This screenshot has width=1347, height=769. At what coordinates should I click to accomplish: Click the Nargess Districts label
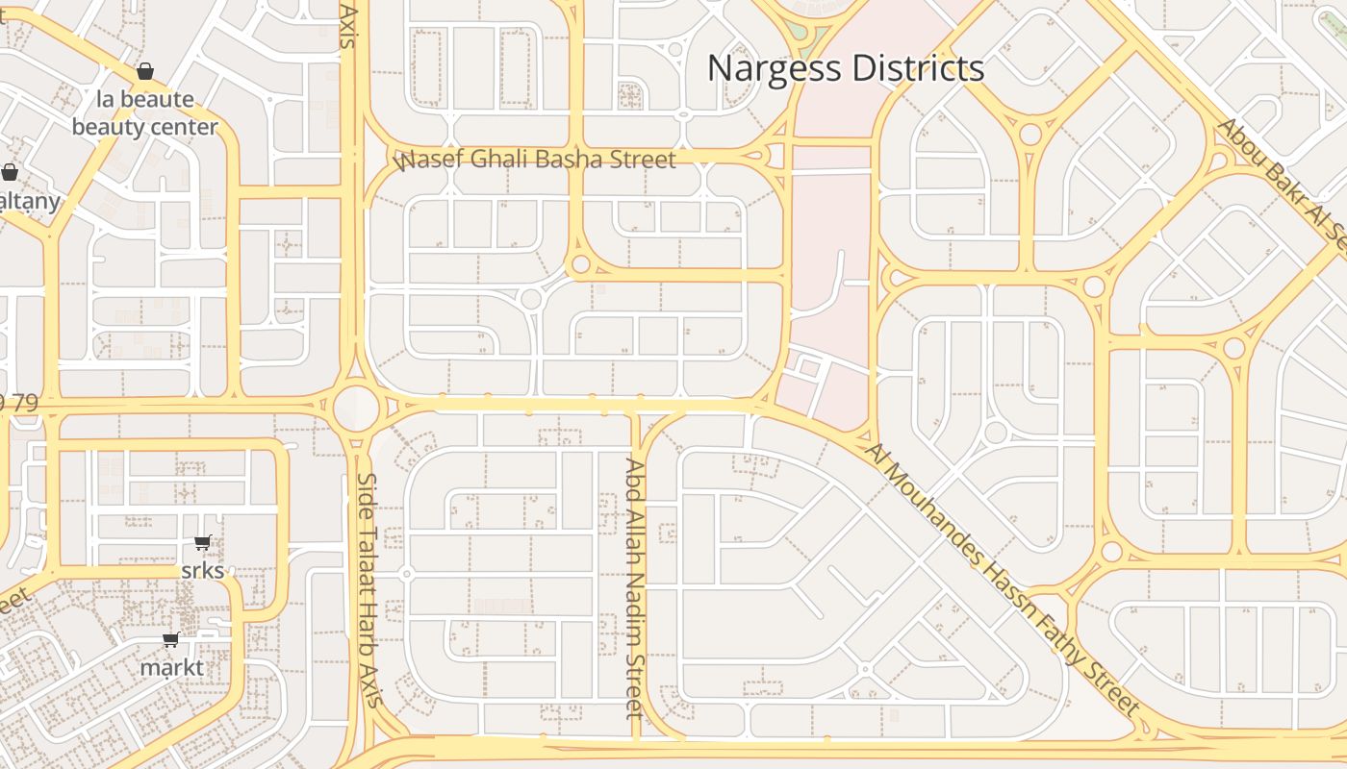click(846, 68)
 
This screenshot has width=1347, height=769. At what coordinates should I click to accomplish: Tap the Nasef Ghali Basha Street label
click(536, 160)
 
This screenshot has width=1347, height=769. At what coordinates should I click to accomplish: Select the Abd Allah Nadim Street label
click(634, 588)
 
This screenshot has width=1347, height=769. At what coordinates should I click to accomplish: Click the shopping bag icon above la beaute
click(145, 71)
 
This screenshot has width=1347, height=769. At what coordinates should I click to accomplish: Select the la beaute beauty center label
click(145, 113)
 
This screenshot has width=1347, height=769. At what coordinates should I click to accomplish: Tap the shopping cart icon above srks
click(202, 543)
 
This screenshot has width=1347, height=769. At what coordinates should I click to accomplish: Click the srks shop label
click(203, 570)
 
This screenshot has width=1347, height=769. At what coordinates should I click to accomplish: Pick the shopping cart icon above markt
click(170, 640)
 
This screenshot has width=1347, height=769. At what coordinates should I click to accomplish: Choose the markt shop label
click(172, 667)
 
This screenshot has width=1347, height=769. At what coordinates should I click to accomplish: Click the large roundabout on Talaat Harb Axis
click(357, 408)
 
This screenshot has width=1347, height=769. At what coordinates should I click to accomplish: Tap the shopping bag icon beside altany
click(10, 173)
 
